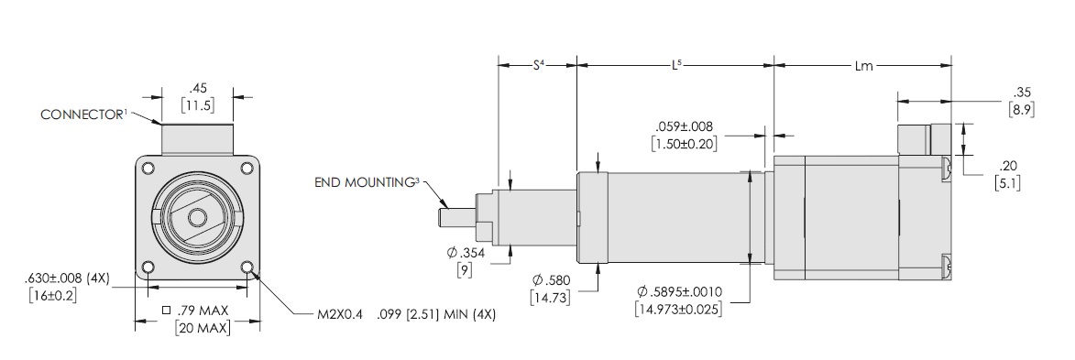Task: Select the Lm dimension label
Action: click(x=864, y=66)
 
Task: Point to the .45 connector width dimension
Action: click(x=199, y=89)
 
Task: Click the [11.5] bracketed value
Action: click(x=197, y=105)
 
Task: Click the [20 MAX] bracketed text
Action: click(x=203, y=328)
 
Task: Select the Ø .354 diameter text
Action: click(x=466, y=253)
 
